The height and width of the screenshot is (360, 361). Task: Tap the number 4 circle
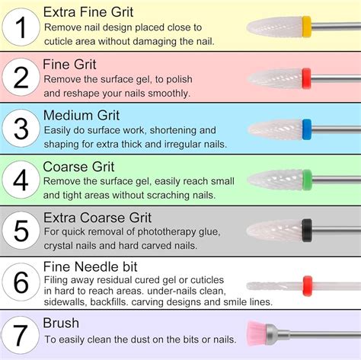point(21,181)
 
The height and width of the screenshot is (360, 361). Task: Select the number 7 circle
point(21,333)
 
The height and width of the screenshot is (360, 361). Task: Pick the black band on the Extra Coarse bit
point(306,228)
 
